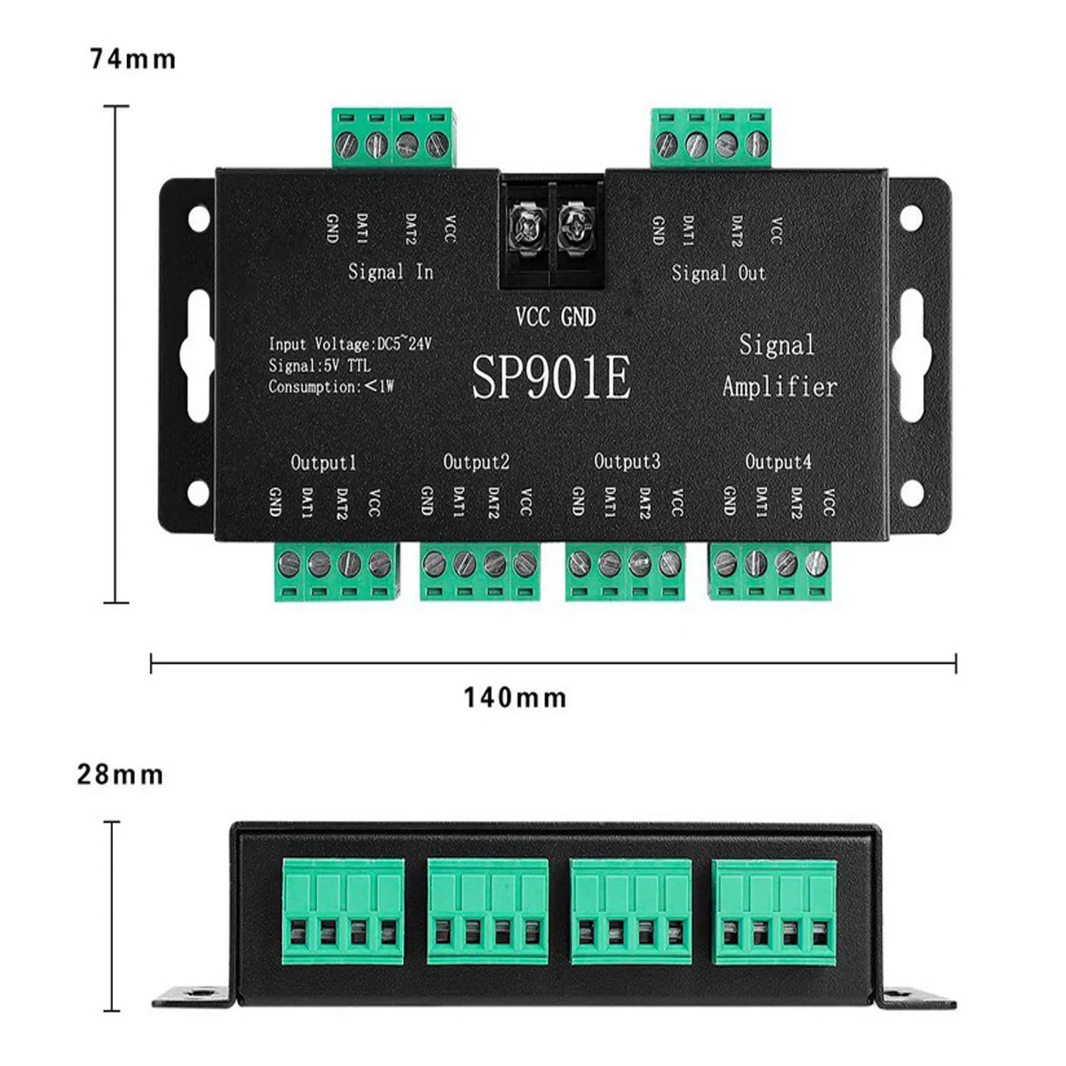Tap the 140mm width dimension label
coord(515,697)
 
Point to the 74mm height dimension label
coord(133,59)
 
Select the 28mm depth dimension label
coord(120,775)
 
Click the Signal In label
coord(390,271)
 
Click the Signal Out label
coord(718,273)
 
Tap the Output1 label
coord(323,463)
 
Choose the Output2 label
coord(476,462)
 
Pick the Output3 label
coord(627,462)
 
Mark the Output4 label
coord(778,462)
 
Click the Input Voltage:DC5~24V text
coord(350,345)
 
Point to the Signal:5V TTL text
coord(319,366)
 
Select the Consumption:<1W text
coord(330,387)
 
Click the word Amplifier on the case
coord(780,387)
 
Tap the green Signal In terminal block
coord(393,139)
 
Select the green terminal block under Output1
coord(336,571)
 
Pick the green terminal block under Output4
coord(770,571)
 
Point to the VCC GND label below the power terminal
coord(555,317)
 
